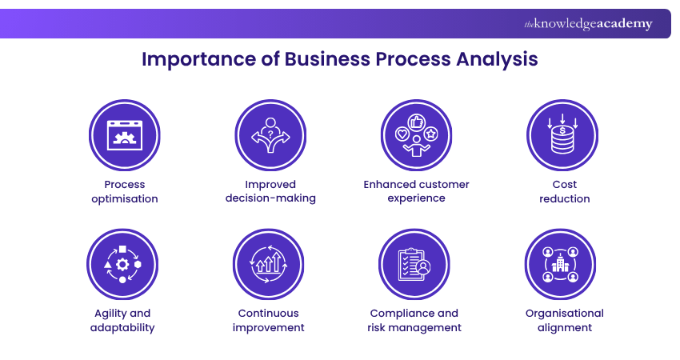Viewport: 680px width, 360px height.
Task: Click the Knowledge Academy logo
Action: coord(588,24)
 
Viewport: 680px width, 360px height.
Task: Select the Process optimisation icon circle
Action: coord(123,134)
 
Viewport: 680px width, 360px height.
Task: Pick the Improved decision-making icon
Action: coord(270,134)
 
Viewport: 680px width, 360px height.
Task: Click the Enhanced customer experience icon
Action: coord(416,134)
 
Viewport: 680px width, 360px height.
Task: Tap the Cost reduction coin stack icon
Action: coord(562,134)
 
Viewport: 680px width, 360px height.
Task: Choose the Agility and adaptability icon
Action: coord(123,264)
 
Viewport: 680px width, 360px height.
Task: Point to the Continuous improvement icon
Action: coord(270,264)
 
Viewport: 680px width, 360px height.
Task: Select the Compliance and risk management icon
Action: coord(416,264)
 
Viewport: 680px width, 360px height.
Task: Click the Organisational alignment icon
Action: coord(562,264)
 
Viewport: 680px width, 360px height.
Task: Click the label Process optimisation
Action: coord(124,191)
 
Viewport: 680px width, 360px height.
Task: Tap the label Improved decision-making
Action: coord(270,191)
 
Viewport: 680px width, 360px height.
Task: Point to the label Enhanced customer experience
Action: coord(417,191)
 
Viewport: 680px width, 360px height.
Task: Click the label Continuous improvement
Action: coord(270,320)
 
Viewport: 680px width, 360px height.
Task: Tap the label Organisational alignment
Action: coord(565,320)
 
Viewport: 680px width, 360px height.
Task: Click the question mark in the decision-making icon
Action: coord(270,122)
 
